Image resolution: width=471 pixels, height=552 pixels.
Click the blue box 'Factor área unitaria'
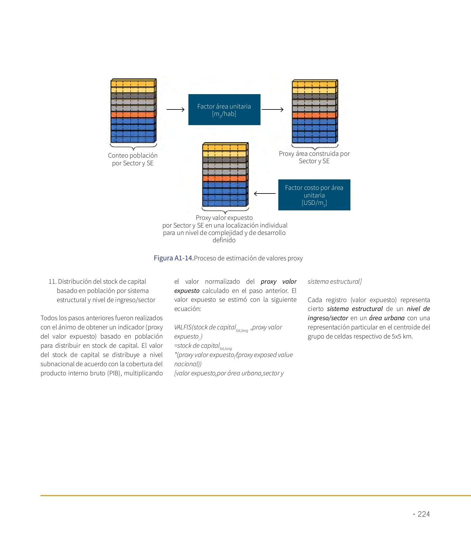pos(224,109)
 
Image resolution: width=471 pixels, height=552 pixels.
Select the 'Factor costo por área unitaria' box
pos(314,195)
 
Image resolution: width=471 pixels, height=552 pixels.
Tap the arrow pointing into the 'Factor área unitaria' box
pos(175,109)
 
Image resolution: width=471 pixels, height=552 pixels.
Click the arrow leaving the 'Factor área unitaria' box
pos(272,109)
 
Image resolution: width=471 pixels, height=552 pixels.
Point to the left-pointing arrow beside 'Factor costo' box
pos(265,194)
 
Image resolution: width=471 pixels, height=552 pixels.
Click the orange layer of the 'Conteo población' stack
pos(133,115)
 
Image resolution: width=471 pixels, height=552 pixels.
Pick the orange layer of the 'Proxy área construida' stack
pos(315,116)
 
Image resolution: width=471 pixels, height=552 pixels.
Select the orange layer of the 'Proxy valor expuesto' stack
pos(225,178)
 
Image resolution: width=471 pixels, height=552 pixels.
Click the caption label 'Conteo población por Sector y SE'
pos(133,159)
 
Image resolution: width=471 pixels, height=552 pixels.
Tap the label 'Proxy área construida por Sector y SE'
pos(314,157)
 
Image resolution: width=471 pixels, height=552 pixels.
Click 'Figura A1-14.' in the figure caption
pos(174,258)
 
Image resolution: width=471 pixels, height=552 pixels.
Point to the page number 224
pos(423,514)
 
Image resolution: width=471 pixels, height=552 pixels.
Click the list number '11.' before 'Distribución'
pos(52,282)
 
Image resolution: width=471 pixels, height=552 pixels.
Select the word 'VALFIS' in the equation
pos(183,327)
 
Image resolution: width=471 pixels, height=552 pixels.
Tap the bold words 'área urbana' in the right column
pos(387,318)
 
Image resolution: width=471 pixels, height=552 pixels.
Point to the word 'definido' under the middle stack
pos(224,240)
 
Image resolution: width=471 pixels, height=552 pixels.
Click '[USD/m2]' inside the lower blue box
pos(314,203)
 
